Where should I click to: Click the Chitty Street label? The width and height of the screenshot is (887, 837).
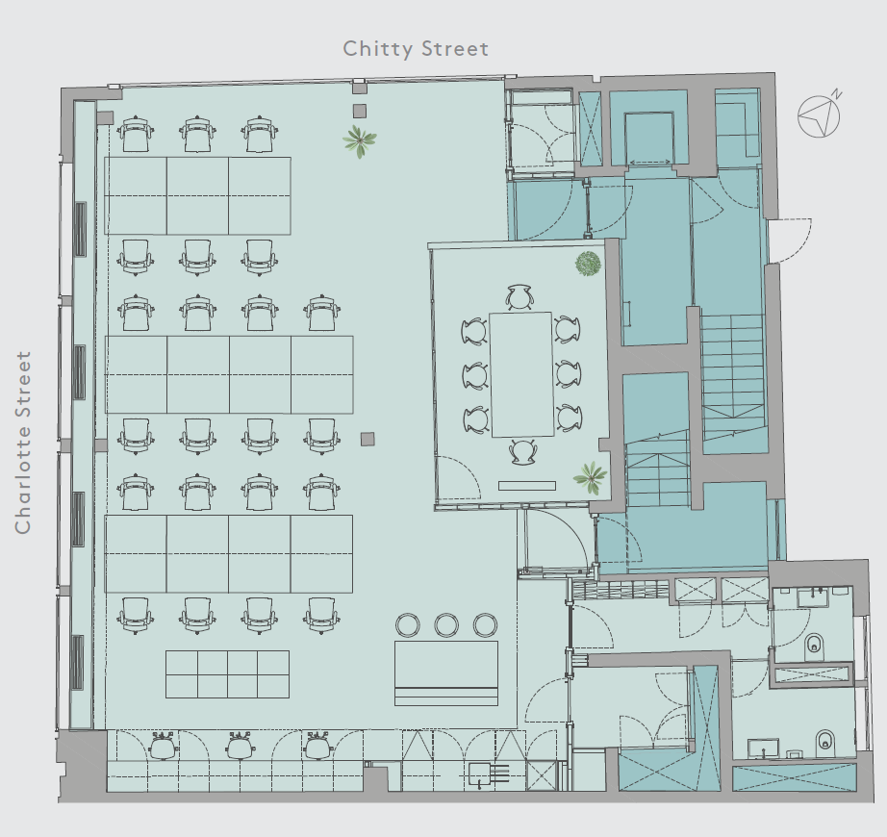[416, 49]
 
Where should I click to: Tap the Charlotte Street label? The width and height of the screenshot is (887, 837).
[23, 443]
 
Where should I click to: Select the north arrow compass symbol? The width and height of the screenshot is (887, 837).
[820, 114]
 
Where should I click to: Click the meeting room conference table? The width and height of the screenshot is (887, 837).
[521, 375]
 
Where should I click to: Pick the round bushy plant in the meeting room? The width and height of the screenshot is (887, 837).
[588, 264]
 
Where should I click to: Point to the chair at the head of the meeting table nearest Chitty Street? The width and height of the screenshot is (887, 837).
[520, 298]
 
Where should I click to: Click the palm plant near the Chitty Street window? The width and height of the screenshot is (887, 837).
[359, 140]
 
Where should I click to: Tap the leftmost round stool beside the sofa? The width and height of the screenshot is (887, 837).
[407, 625]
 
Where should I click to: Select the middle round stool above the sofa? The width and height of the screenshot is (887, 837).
[446, 625]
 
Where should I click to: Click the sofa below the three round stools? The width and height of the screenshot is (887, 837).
[446, 673]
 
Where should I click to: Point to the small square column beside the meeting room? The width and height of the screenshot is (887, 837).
[367, 439]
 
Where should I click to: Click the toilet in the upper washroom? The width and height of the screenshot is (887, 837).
[814, 643]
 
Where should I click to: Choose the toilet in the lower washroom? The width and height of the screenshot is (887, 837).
[824, 740]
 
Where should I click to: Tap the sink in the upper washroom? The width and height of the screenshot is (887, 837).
[815, 597]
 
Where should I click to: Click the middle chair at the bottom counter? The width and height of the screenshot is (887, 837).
[241, 746]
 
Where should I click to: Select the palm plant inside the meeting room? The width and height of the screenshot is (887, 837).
[590, 477]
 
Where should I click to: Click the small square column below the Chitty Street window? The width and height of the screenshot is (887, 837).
[360, 111]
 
